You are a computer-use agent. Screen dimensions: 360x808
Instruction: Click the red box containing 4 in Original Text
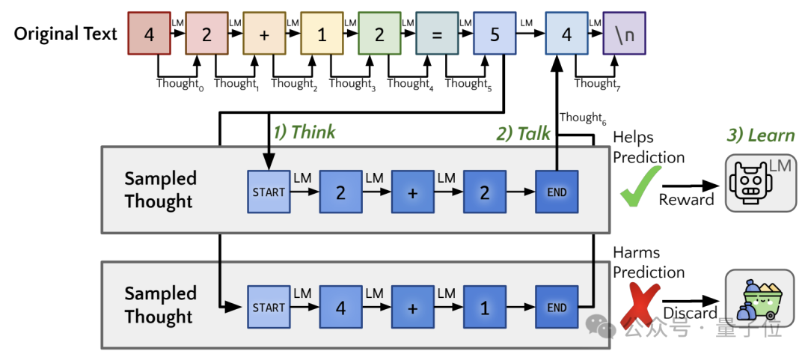150,34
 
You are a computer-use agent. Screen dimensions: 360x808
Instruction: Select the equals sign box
437,34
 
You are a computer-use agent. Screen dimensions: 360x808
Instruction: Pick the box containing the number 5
495,34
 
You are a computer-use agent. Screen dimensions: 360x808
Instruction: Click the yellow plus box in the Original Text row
263,34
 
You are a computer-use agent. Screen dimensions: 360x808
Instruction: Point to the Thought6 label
581,118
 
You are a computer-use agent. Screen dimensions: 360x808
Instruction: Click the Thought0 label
180,84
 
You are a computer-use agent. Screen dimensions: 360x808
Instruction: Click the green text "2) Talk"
523,134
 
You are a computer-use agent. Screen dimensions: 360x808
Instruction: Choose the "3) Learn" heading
760,135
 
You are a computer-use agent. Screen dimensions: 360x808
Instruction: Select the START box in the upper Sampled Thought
269,192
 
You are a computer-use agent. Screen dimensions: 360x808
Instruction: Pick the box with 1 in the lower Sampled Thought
484,308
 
